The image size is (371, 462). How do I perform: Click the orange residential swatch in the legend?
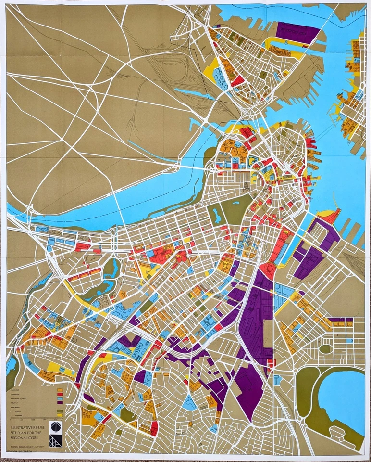point(60,390)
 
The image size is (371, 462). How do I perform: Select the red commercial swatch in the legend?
point(60,395)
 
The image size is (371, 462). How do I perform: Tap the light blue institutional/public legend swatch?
point(60,398)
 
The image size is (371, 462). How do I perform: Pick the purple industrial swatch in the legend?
point(60,403)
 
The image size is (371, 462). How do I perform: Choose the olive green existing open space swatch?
point(60,411)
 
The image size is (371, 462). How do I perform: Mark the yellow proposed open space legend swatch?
point(60,415)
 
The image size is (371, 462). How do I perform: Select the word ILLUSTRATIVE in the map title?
point(22,428)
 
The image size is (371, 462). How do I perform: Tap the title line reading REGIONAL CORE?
point(24,438)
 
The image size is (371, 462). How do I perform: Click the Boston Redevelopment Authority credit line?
point(27,447)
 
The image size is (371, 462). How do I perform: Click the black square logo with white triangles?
point(56,441)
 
